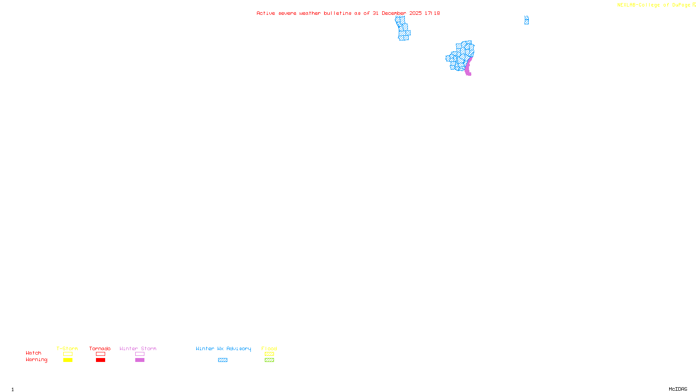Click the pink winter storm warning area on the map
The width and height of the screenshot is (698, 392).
point(468,67)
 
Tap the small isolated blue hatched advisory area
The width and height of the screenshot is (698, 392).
point(527,20)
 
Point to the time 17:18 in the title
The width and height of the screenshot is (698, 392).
point(432,13)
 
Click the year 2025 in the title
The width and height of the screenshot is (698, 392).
point(415,13)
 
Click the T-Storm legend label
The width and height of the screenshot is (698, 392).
point(67,348)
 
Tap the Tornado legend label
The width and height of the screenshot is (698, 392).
point(100,348)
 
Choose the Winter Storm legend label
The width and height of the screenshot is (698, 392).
point(138,348)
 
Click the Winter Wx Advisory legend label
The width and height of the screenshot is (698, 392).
point(223,348)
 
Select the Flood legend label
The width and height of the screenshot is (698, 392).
point(269,348)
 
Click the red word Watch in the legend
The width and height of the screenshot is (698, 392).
point(34,353)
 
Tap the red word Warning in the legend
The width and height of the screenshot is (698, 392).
point(37,360)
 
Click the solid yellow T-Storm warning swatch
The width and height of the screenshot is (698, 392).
point(68,360)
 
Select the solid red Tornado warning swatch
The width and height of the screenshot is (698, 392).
point(100,360)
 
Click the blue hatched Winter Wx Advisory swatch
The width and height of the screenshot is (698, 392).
point(222,360)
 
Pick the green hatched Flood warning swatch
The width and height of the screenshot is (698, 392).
point(269,360)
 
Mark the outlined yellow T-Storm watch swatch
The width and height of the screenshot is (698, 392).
point(68,354)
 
